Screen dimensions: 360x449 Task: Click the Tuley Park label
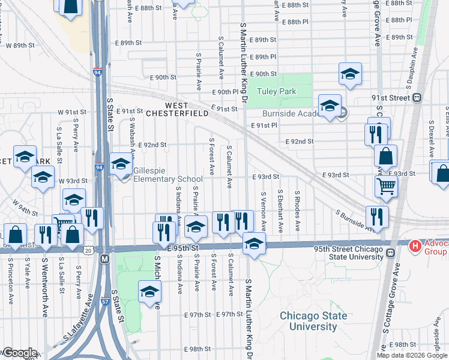tap(277, 92)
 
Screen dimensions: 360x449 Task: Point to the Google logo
tap(19, 353)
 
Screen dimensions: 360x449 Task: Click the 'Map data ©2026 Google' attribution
tap(412, 355)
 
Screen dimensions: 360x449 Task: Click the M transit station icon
tap(104, 259)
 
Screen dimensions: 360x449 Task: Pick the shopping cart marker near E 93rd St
tap(386, 185)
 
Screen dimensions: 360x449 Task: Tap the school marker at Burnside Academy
tap(330, 106)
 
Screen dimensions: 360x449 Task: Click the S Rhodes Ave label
tap(297, 212)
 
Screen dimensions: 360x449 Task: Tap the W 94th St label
tap(25, 209)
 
